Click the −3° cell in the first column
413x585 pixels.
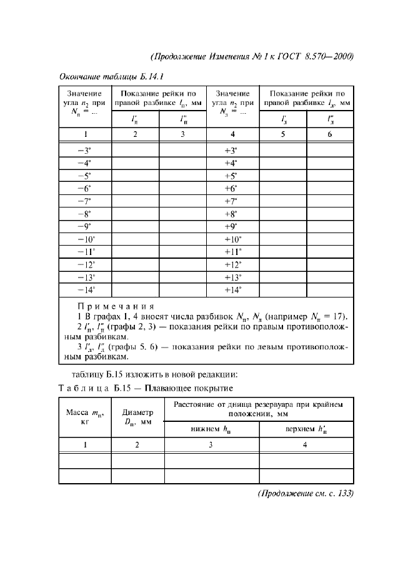coord(84,151)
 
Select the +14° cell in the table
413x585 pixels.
coord(232,290)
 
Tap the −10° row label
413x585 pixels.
coord(84,239)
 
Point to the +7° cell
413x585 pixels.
coord(232,201)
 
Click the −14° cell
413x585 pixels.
coord(84,290)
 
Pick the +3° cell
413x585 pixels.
coord(232,151)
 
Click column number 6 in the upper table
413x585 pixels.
coord(329,134)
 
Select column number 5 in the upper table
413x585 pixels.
coord(282,134)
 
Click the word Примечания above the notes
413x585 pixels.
coord(115,306)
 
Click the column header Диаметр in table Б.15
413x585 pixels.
coord(137,412)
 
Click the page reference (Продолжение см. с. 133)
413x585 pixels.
coord(306,493)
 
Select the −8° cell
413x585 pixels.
coord(84,214)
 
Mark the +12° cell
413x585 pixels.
coord(232,264)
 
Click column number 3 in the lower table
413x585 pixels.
coord(211,445)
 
